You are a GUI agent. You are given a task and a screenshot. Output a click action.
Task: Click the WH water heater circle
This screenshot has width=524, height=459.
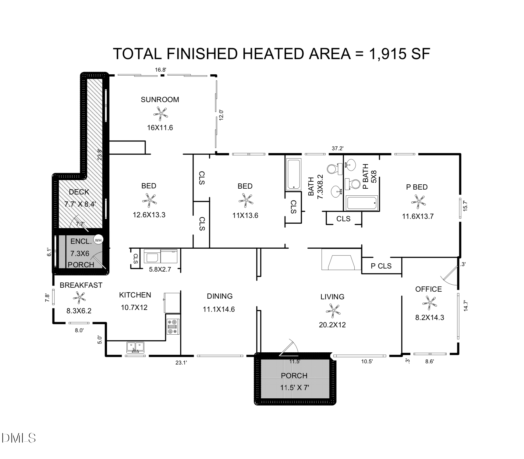point(98,240)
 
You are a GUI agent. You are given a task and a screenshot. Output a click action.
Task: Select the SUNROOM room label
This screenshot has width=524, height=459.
point(160,100)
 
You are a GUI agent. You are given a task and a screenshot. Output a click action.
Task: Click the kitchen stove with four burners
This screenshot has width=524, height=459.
point(173,327)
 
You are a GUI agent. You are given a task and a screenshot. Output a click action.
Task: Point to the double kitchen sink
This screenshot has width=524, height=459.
point(136,347)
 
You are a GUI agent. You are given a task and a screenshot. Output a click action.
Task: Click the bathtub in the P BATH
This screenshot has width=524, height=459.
point(361,203)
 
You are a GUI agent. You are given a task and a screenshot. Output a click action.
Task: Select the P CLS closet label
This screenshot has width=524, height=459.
point(381,266)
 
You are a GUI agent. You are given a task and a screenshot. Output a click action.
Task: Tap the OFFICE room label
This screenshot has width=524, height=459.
point(428,289)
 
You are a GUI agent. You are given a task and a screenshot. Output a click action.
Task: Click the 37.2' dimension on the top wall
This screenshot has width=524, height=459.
point(338,148)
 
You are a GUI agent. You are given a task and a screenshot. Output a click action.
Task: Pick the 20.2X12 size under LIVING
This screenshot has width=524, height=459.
point(332,325)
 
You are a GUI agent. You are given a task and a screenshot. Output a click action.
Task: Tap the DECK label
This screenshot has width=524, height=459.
point(79,192)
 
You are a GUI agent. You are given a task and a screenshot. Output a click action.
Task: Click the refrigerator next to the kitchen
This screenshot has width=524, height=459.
point(172,302)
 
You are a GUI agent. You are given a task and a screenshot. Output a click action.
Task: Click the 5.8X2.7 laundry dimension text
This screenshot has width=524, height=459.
point(160,269)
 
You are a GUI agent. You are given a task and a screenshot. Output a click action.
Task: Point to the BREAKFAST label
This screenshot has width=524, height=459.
point(81,285)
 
